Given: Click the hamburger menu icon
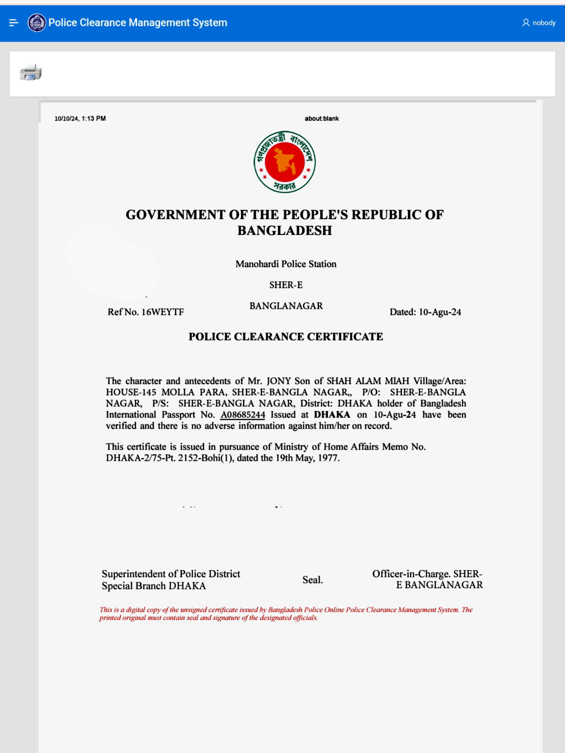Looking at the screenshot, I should (14, 23).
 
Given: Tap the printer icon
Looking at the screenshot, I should (31, 73).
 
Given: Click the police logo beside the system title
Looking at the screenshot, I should (37, 23).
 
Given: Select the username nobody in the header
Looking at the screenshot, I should (543, 23).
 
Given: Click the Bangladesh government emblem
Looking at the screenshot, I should (285, 162).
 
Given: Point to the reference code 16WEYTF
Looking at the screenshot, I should (163, 312).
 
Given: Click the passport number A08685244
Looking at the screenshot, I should (243, 415).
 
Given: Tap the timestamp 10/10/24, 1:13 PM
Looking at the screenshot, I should (80, 119).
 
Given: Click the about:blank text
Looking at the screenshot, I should (322, 119).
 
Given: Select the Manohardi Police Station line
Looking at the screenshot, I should (286, 264).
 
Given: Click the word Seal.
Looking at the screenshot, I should (313, 580).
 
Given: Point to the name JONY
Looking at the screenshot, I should (279, 381).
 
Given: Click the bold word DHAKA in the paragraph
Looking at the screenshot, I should (332, 415).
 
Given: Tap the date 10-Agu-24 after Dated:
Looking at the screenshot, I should (440, 312).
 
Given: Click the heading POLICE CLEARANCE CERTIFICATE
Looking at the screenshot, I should (286, 337).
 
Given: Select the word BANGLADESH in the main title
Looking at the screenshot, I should (285, 231).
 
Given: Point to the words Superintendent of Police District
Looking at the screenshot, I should (171, 574).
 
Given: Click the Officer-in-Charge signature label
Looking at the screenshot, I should (427, 579).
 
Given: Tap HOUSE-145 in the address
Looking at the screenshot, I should (131, 392).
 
